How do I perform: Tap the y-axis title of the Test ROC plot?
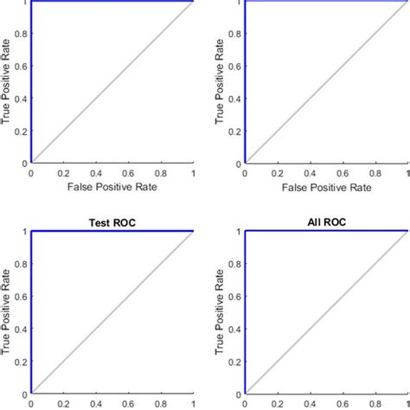(x=8, y=311)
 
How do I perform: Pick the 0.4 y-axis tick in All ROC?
(x=236, y=328)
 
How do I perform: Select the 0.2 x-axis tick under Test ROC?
(x=63, y=403)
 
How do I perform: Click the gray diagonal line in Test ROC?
(x=112, y=311)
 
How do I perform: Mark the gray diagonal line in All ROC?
(x=326, y=311)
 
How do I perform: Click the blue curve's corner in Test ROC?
(x=31, y=231)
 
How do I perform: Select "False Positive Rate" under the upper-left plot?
(x=112, y=186)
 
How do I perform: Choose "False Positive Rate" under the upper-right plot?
(x=326, y=186)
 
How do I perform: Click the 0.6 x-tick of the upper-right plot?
(x=343, y=173)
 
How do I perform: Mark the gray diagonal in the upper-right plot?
(x=326, y=81)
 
